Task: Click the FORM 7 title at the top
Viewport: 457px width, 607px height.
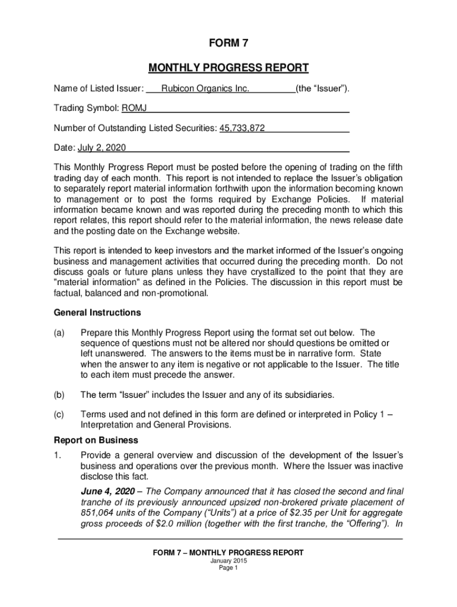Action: pyautogui.click(x=228, y=44)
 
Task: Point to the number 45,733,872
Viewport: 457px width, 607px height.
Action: pyautogui.click(x=242, y=127)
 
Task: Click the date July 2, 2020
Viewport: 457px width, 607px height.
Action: pyautogui.click(x=98, y=147)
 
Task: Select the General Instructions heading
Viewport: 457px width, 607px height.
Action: pyautogui.click(x=97, y=312)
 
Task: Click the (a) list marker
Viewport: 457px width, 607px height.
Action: pyautogui.click(x=59, y=333)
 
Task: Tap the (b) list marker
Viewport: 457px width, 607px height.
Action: pyautogui.click(x=59, y=394)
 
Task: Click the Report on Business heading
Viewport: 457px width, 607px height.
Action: pyautogui.click(x=96, y=440)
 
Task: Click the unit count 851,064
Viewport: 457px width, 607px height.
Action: pyautogui.click(x=98, y=512)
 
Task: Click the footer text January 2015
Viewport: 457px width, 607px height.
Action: pyautogui.click(x=228, y=561)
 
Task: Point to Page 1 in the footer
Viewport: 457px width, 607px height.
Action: pyautogui.click(x=228, y=568)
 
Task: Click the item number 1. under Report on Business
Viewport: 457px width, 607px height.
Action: pyautogui.click(x=57, y=455)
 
